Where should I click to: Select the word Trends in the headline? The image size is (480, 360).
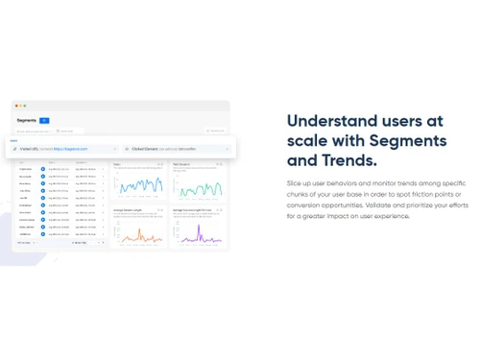pos(345,161)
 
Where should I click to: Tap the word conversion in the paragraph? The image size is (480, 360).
pos(309,204)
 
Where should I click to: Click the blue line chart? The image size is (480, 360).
pos(138,183)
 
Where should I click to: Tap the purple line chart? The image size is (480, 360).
pos(198,232)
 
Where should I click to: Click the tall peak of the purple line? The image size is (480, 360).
pos(199,227)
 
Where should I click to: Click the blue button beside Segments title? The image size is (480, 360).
pos(44,120)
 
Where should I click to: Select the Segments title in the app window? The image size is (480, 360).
pos(27,120)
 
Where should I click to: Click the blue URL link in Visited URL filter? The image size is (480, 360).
pos(71,149)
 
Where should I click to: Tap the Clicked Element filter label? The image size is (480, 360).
pos(145,149)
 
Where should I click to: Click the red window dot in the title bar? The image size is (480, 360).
pos(16,106)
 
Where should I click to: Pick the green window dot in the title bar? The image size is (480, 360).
pos(26,106)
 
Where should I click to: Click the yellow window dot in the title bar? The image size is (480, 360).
pos(21,106)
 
